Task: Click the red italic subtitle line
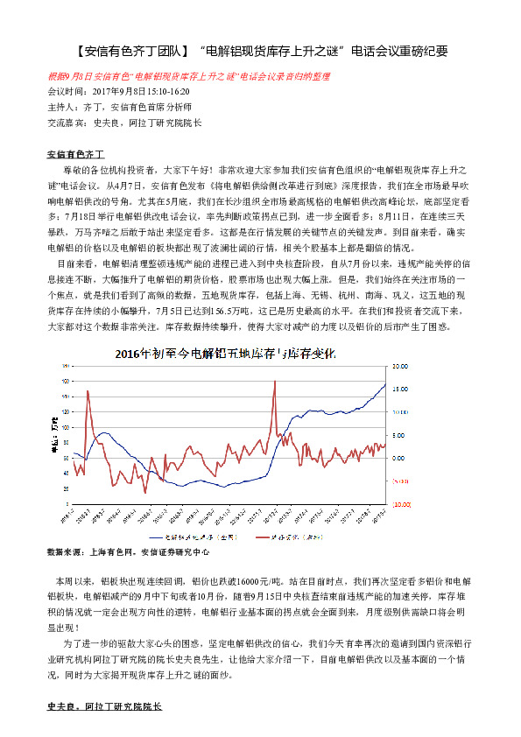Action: [188, 77]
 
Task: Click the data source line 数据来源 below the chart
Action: [128, 553]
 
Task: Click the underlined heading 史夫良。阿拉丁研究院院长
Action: [104, 705]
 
